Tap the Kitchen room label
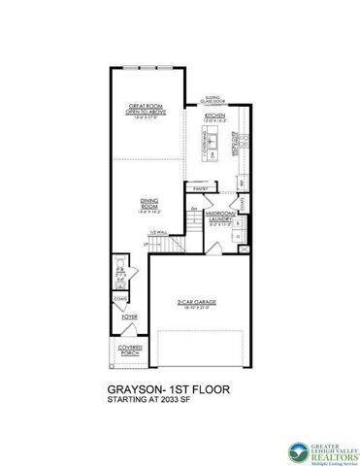pos(215,116)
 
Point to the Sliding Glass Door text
pos(215,99)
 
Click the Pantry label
pos(201,187)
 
